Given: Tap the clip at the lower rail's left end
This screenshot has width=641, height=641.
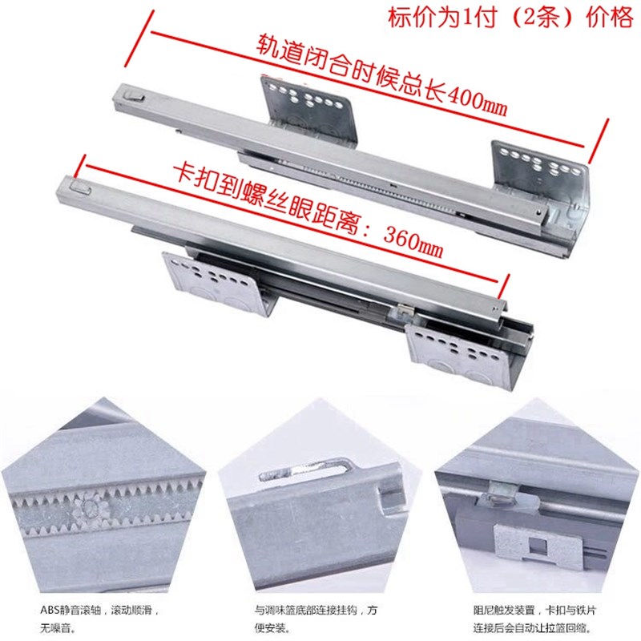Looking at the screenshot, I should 81,186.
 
